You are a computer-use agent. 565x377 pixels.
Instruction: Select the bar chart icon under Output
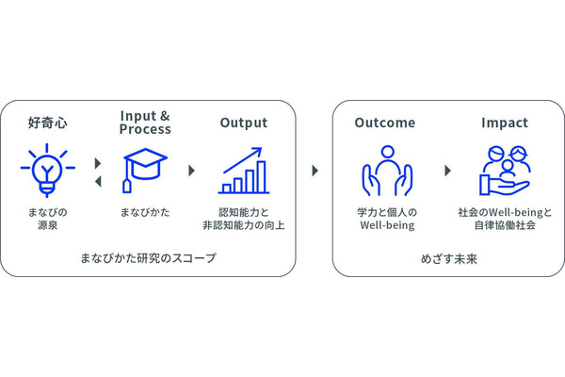[244, 171]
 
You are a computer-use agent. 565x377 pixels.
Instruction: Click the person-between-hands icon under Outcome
[386, 171]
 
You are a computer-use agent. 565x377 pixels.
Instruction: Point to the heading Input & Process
[145, 123]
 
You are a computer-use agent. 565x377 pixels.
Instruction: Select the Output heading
[244, 123]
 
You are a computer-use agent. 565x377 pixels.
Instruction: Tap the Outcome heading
[385, 123]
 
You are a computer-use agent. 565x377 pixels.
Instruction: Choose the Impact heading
[504, 123]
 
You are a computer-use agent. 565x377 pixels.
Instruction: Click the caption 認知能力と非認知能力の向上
[244, 220]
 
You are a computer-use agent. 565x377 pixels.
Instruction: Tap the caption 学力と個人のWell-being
[386, 220]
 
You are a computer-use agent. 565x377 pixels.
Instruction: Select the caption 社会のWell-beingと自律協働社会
[504, 220]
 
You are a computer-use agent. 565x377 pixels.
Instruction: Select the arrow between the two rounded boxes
[315, 171]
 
